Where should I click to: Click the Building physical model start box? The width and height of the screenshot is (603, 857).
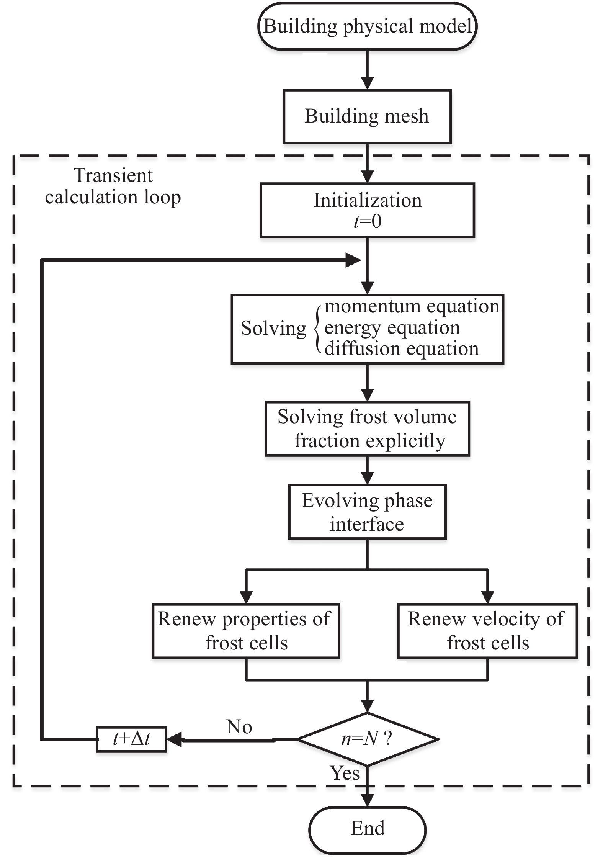click(367, 26)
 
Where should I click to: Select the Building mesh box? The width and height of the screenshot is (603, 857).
click(367, 116)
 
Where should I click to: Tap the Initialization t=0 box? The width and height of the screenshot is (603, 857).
click(367, 210)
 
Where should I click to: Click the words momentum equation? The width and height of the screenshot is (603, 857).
click(412, 306)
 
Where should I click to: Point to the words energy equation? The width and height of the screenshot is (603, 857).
click(392, 328)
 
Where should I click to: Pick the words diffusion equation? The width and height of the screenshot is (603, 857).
click(402, 349)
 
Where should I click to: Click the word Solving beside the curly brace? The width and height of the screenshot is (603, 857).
click(273, 329)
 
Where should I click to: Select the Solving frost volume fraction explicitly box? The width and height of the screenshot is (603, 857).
click(367, 428)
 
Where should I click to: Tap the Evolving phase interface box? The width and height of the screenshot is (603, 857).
click(367, 512)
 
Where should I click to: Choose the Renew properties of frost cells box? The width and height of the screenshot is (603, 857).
click(246, 631)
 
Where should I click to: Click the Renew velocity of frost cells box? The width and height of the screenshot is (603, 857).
click(487, 631)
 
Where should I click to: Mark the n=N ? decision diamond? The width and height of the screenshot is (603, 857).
click(367, 739)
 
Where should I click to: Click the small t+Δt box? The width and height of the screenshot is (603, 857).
click(131, 739)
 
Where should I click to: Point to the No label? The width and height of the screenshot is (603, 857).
click(239, 727)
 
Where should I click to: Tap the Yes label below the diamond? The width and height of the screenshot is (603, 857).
click(345, 773)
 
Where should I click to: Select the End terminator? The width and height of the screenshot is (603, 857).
click(367, 828)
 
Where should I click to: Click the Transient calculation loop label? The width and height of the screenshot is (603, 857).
click(113, 186)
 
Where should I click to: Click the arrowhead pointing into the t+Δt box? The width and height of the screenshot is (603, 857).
click(174, 739)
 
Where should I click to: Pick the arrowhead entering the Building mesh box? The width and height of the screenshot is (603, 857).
click(367, 83)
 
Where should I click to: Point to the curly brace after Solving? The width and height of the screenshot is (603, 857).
click(317, 329)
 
